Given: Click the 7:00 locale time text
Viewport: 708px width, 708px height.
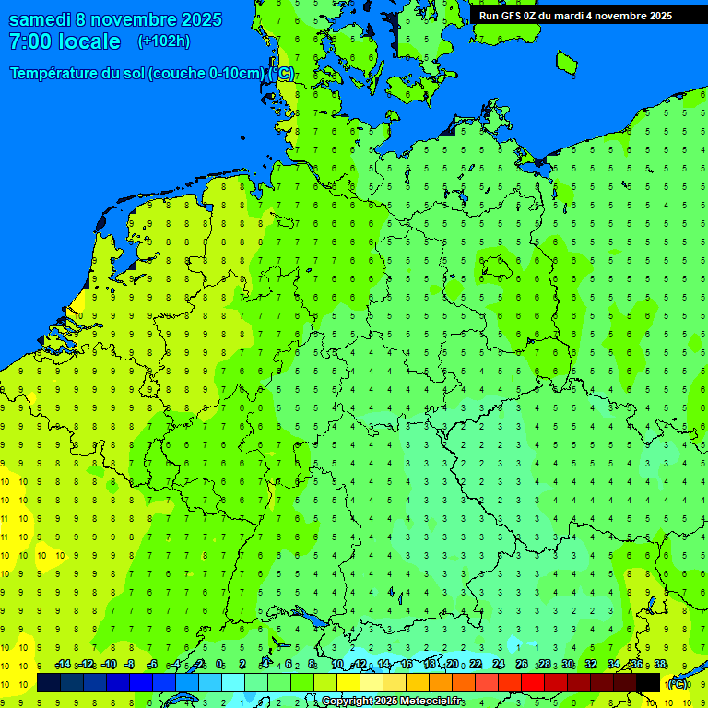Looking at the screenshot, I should [x=65, y=41].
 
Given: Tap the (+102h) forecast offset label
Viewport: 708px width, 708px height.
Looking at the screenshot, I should [x=163, y=41].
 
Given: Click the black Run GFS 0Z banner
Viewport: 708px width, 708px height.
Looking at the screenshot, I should [x=575, y=16].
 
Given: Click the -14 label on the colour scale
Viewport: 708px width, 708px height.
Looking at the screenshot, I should [x=63, y=665].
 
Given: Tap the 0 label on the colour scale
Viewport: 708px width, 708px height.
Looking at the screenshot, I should [x=219, y=665].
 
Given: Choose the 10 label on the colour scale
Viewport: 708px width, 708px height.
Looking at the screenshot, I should [x=337, y=665].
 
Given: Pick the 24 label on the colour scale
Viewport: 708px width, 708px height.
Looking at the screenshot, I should [x=499, y=665].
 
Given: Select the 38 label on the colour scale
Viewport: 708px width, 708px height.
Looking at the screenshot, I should [x=660, y=665].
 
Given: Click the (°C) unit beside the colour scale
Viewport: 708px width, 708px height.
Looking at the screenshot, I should [x=678, y=683].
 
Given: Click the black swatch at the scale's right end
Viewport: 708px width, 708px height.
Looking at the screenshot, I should [x=648, y=682].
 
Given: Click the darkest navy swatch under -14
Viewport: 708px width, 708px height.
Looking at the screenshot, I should [x=49, y=682].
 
